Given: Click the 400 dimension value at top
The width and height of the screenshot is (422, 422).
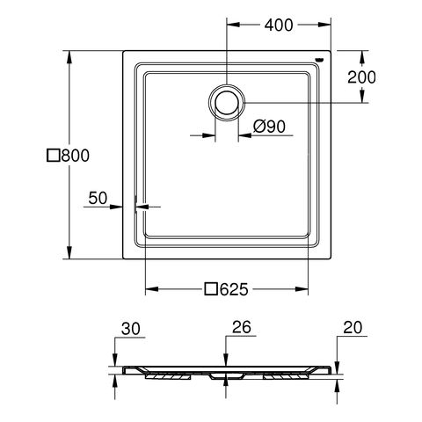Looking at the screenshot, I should pos(277,25).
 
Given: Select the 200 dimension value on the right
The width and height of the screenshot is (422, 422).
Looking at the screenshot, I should pos(361,77).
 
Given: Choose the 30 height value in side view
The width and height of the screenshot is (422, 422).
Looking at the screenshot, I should pos(130,329).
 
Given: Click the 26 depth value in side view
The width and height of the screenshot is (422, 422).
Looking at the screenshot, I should pos(241,328).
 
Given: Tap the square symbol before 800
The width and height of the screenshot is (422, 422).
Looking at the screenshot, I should pos(53,156).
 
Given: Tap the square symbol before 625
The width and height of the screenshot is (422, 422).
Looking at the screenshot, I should pos(210,288).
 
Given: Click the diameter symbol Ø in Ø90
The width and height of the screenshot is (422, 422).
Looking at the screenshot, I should pos(258,127).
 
